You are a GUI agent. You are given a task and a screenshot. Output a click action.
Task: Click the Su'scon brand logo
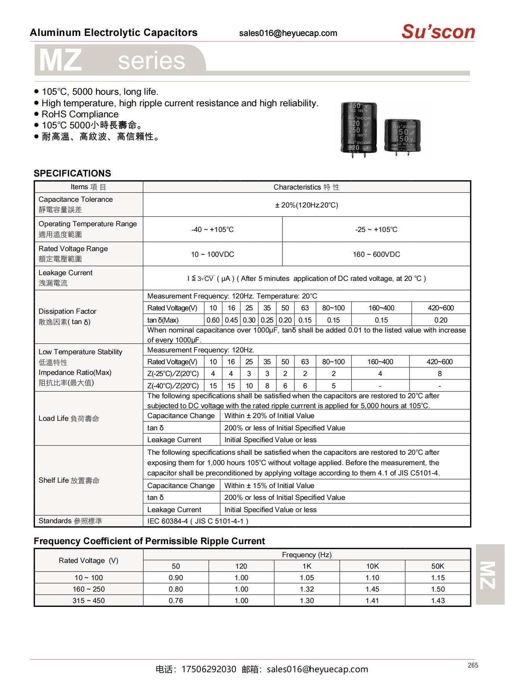(438, 32)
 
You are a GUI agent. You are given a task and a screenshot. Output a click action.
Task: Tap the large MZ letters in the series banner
(61, 60)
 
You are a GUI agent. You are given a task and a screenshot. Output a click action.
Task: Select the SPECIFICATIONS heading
(72, 173)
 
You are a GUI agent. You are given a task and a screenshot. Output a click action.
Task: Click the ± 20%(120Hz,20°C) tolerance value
(307, 205)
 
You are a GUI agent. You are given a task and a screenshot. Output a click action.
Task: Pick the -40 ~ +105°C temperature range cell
(212, 229)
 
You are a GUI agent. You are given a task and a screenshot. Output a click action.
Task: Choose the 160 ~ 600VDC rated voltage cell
(376, 254)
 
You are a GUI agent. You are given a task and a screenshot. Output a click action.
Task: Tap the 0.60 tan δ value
(213, 320)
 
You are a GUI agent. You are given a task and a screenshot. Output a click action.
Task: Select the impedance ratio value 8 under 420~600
(440, 374)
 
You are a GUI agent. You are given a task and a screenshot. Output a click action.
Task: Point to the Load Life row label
(69, 418)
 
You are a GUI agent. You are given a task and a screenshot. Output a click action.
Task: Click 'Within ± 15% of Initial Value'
(269, 485)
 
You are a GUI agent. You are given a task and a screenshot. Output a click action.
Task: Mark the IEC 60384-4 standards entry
(198, 521)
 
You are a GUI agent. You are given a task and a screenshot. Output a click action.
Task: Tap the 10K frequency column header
(372, 566)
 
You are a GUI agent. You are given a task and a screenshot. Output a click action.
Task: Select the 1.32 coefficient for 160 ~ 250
(307, 589)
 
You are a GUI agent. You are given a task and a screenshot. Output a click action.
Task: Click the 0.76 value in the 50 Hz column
(176, 600)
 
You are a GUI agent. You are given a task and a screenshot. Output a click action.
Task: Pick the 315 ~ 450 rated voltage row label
(89, 600)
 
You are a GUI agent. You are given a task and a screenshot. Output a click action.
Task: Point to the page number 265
(473, 665)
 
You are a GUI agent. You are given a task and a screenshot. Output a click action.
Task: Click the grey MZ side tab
(490, 574)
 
